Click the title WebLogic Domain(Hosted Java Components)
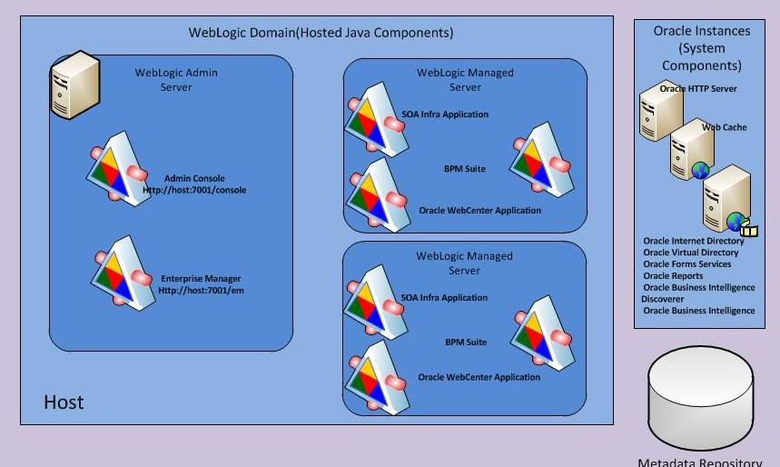pyautogui.click(x=321, y=33)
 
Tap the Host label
pyautogui.click(x=64, y=402)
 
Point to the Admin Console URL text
pyautogui.click(x=194, y=184)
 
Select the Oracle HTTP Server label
pyautogui.click(x=698, y=89)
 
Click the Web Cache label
pyautogui.click(x=725, y=127)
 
